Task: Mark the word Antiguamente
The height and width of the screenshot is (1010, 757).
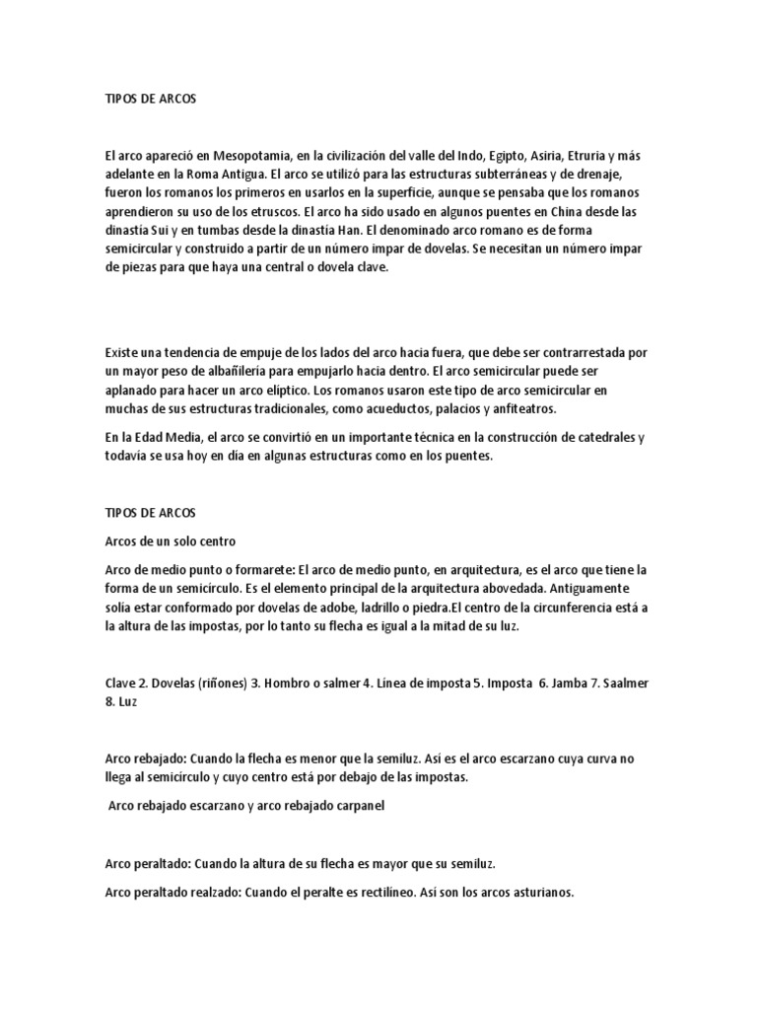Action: pyautogui.click(x=600, y=590)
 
